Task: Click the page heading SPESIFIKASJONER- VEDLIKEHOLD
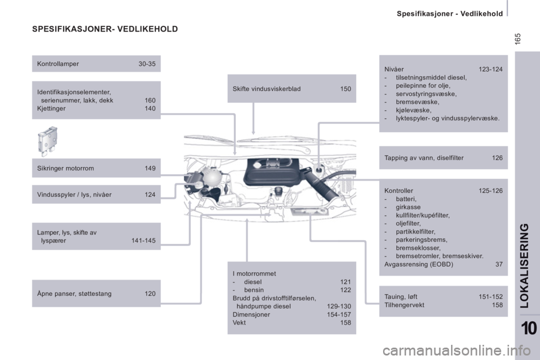click(x=105, y=29)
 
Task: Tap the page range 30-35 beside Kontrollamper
click(x=147, y=64)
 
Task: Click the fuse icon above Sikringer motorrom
click(x=47, y=141)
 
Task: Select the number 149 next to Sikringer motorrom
click(x=150, y=168)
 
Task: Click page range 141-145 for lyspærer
click(x=143, y=240)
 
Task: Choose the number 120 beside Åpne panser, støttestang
click(x=150, y=294)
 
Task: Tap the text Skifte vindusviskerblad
click(x=267, y=88)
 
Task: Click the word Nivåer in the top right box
click(x=394, y=69)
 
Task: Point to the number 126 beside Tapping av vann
click(x=497, y=157)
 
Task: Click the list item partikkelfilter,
click(x=415, y=232)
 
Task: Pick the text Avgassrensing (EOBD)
click(x=418, y=264)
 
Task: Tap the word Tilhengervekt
click(x=404, y=305)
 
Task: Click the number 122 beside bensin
click(x=345, y=290)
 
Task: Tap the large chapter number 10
click(x=529, y=328)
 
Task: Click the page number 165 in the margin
click(x=517, y=39)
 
